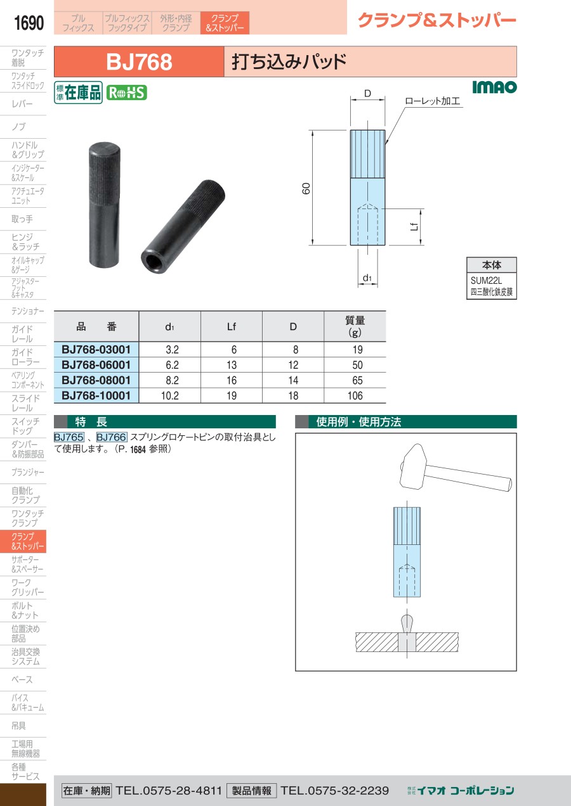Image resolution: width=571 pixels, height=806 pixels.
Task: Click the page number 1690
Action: pyautogui.click(x=29, y=23)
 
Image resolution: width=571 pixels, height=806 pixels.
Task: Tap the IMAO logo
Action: pyautogui.click(x=494, y=87)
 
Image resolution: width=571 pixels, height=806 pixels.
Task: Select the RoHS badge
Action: pyautogui.click(x=127, y=93)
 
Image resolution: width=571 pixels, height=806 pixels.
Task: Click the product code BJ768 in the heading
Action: pyautogui.click(x=139, y=61)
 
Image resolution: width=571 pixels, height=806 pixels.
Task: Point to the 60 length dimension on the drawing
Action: pyautogui.click(x=306, y=188)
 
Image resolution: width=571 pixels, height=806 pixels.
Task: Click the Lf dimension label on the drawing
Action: pyautogui.click(x=414, y=226)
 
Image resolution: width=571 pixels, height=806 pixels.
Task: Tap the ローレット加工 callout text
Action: pyautogui.click(x=433, y=101)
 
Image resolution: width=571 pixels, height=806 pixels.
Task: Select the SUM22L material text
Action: pyautogui.click(x=486, y=280)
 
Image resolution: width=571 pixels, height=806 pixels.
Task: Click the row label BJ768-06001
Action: pyautogui.click(x=96, y=365)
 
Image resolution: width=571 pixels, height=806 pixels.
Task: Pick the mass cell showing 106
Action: pyautogui.click(x=355, y=396)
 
